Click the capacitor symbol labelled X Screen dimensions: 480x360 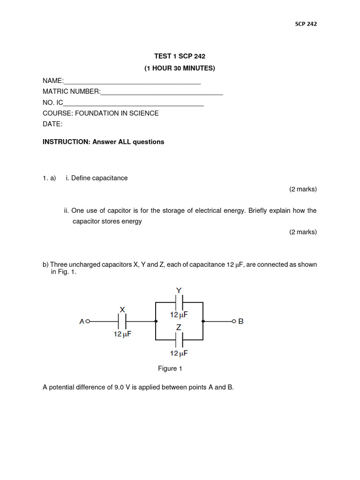pos(122,322)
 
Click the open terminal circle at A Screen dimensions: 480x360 pos(87,322)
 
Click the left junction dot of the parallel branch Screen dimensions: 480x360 pos(156,322)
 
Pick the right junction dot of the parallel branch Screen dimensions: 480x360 pos(203,322)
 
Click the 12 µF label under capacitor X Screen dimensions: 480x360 pos(122,334)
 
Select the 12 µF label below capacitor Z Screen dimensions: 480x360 pos(179,353)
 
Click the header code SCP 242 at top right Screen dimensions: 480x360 pos(306,24)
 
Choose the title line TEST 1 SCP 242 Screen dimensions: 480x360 pos(180,56)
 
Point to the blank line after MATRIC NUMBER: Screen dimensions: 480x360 pos(162,93)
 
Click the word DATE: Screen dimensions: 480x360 pos(52,124)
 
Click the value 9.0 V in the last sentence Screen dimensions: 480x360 pos(123,388)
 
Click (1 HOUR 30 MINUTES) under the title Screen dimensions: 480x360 pos(180,68)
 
